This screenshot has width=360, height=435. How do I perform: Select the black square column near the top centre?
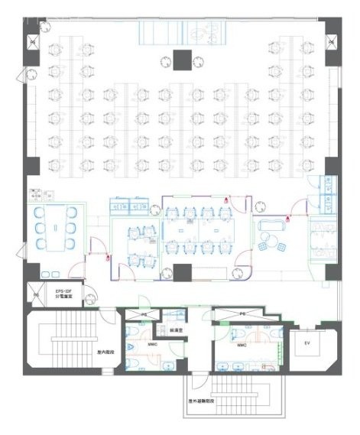(x=183, y=57)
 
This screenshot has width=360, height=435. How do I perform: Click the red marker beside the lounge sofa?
(x=287, y=219)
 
